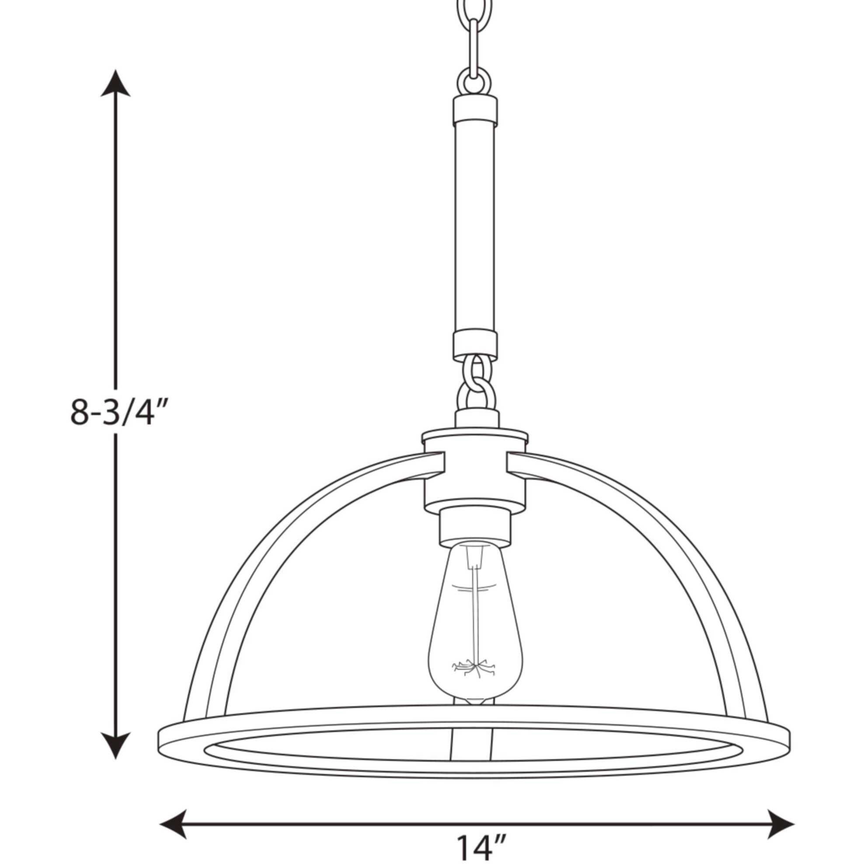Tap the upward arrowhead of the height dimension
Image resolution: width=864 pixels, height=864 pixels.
pyautogui.click(x=115, y=85)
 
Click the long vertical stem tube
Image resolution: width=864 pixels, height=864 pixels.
pyautogui.click(x=474, y=228)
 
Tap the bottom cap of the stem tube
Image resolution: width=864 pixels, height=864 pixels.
pyautogui.click(x=474, y=345)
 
